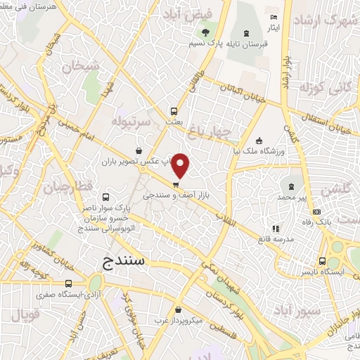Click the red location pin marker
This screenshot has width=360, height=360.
pyautogui.click(x=181, y=165)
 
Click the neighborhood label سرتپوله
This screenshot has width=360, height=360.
pyautogui.click(x=130, y=121)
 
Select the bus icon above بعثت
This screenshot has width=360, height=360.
pyautogui.click(x=174, y=110)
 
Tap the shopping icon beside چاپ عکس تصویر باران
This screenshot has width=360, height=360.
pyautogui.click(x=139, y=150)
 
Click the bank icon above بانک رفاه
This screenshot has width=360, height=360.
pyautogui.click(x=316, y=212)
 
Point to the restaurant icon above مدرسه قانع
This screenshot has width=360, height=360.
pyautogui.click(x=276, y=229)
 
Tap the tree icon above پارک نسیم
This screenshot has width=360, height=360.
pyautogui.click(x=205, y=32)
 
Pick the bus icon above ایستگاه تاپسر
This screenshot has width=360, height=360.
pyautogui.click(x=322, y=259)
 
